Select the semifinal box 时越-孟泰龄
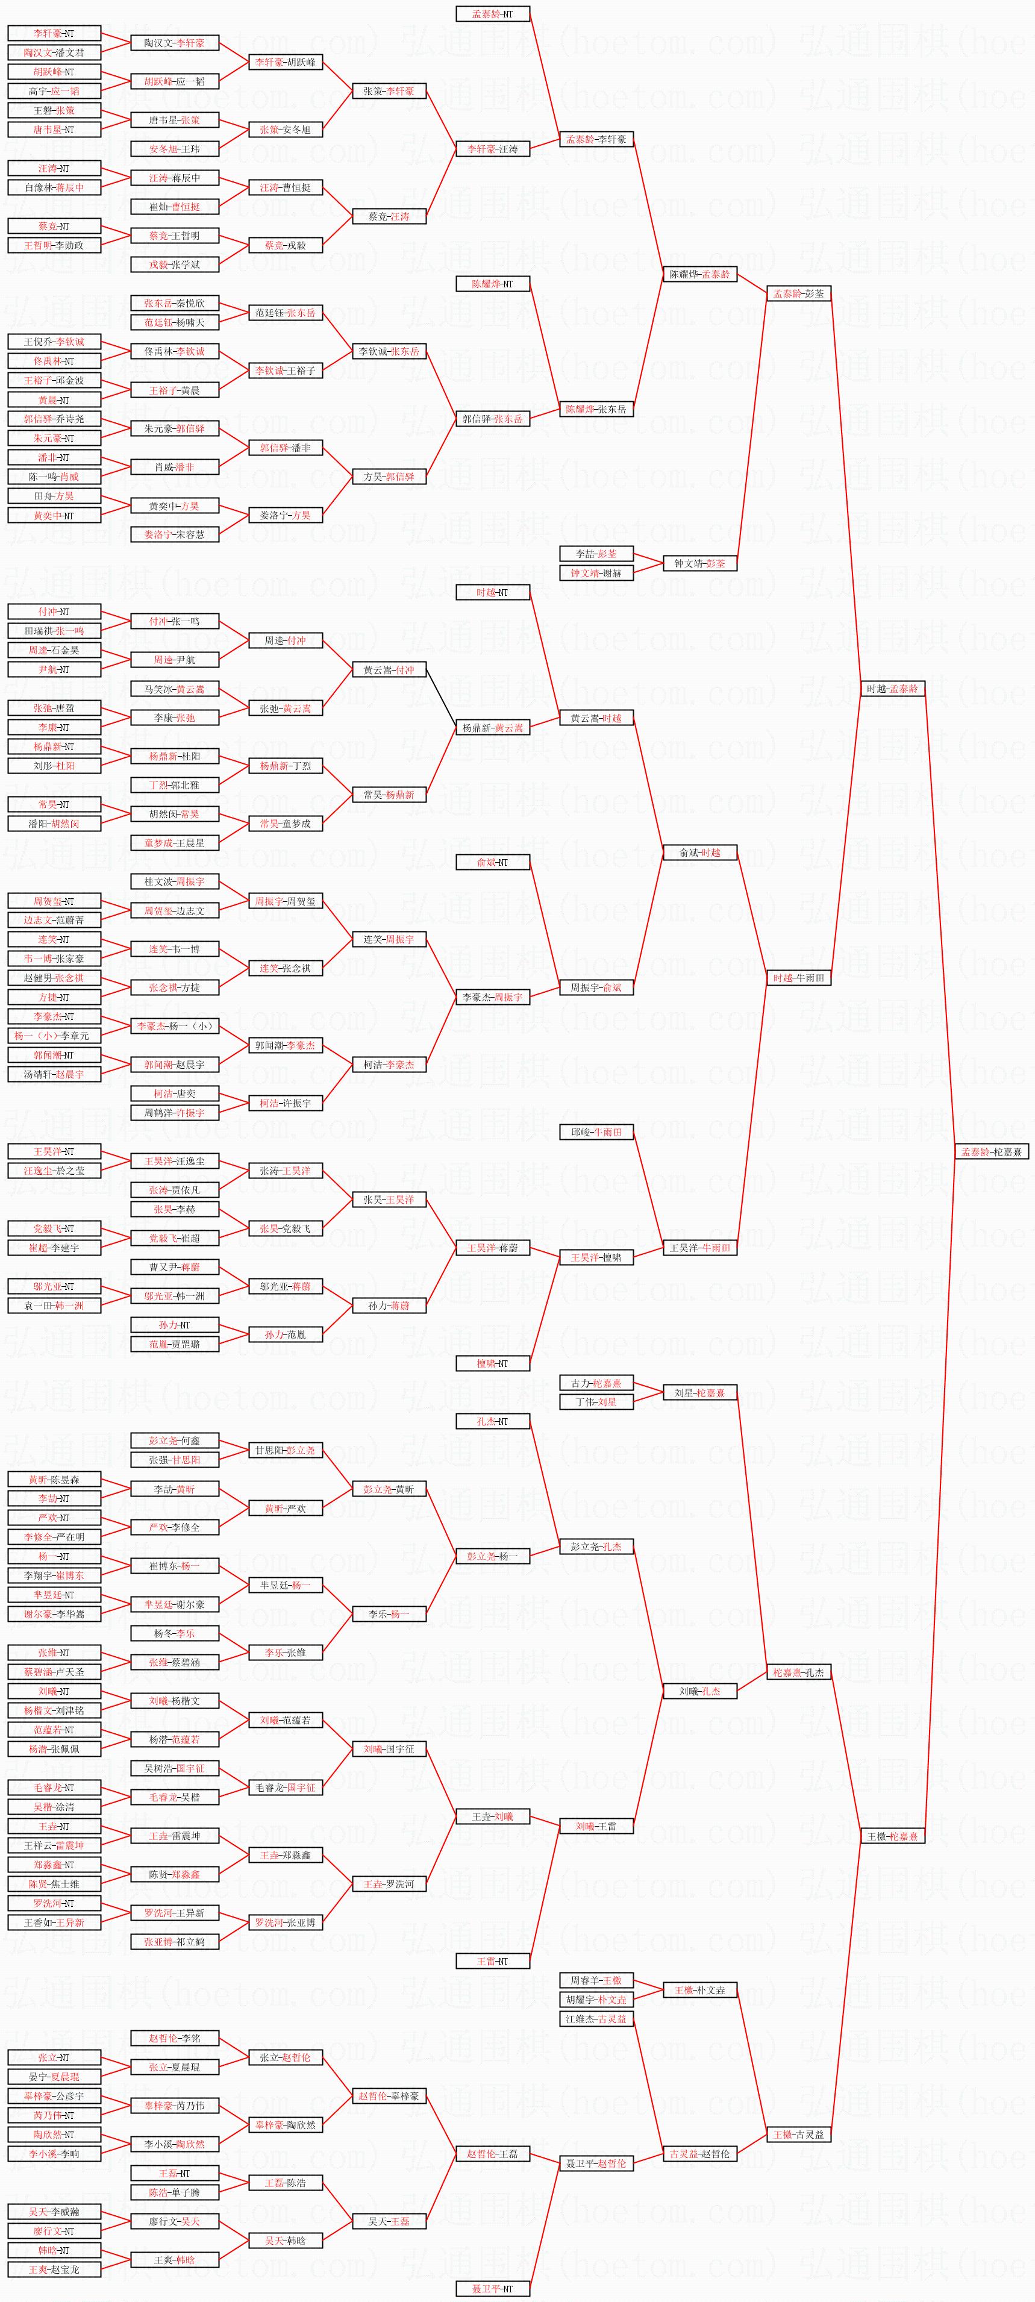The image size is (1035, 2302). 891,689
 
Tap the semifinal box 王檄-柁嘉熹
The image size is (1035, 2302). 891,1836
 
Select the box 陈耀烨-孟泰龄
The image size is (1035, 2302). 700,274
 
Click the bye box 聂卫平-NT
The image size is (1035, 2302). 492,2289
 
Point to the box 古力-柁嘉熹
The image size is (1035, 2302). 596,1383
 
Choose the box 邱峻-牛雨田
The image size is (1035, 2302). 596,1132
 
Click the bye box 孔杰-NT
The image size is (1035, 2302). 492,1421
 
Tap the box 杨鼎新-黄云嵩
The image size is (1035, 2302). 492,727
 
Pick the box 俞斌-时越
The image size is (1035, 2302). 700,852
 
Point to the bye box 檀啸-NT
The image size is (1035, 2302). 492,1364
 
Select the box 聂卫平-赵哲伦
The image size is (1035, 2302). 596,2163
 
